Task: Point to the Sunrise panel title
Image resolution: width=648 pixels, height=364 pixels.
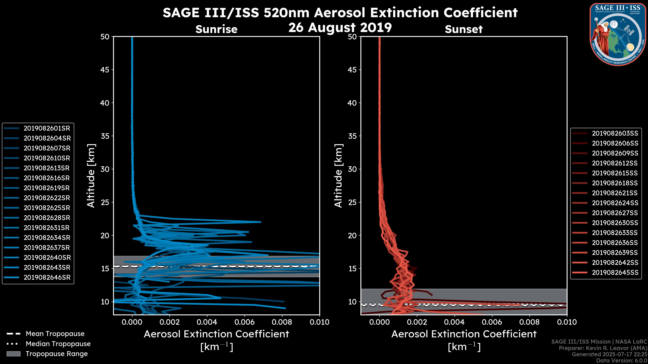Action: [216, 29]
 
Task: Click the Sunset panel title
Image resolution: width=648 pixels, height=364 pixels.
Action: [464, 29]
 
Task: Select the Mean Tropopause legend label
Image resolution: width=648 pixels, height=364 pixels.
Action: [55, 334]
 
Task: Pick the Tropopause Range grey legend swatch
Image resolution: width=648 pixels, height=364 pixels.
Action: [13, 354]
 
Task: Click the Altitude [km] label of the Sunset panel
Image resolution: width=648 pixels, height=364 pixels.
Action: [338, 176]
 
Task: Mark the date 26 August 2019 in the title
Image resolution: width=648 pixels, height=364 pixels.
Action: [340, 27]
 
